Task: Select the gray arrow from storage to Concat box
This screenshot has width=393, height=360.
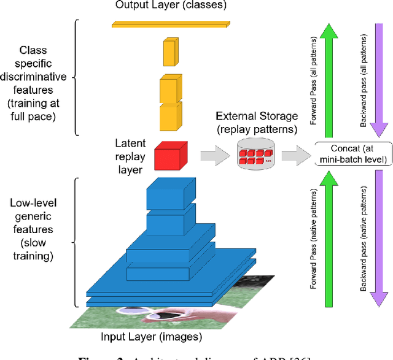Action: point(294,156)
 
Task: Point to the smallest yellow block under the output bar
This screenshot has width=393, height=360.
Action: point(169,53)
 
